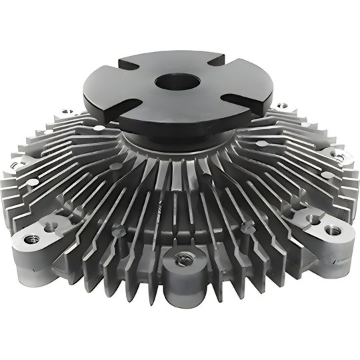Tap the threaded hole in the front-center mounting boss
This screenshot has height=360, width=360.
click(181, 259)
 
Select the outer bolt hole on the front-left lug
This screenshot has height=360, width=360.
click(31, 239)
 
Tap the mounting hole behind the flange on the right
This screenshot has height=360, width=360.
click(282, 105)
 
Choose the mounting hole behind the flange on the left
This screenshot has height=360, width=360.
click(67, 112)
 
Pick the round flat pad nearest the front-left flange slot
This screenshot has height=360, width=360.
click(99, 128)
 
